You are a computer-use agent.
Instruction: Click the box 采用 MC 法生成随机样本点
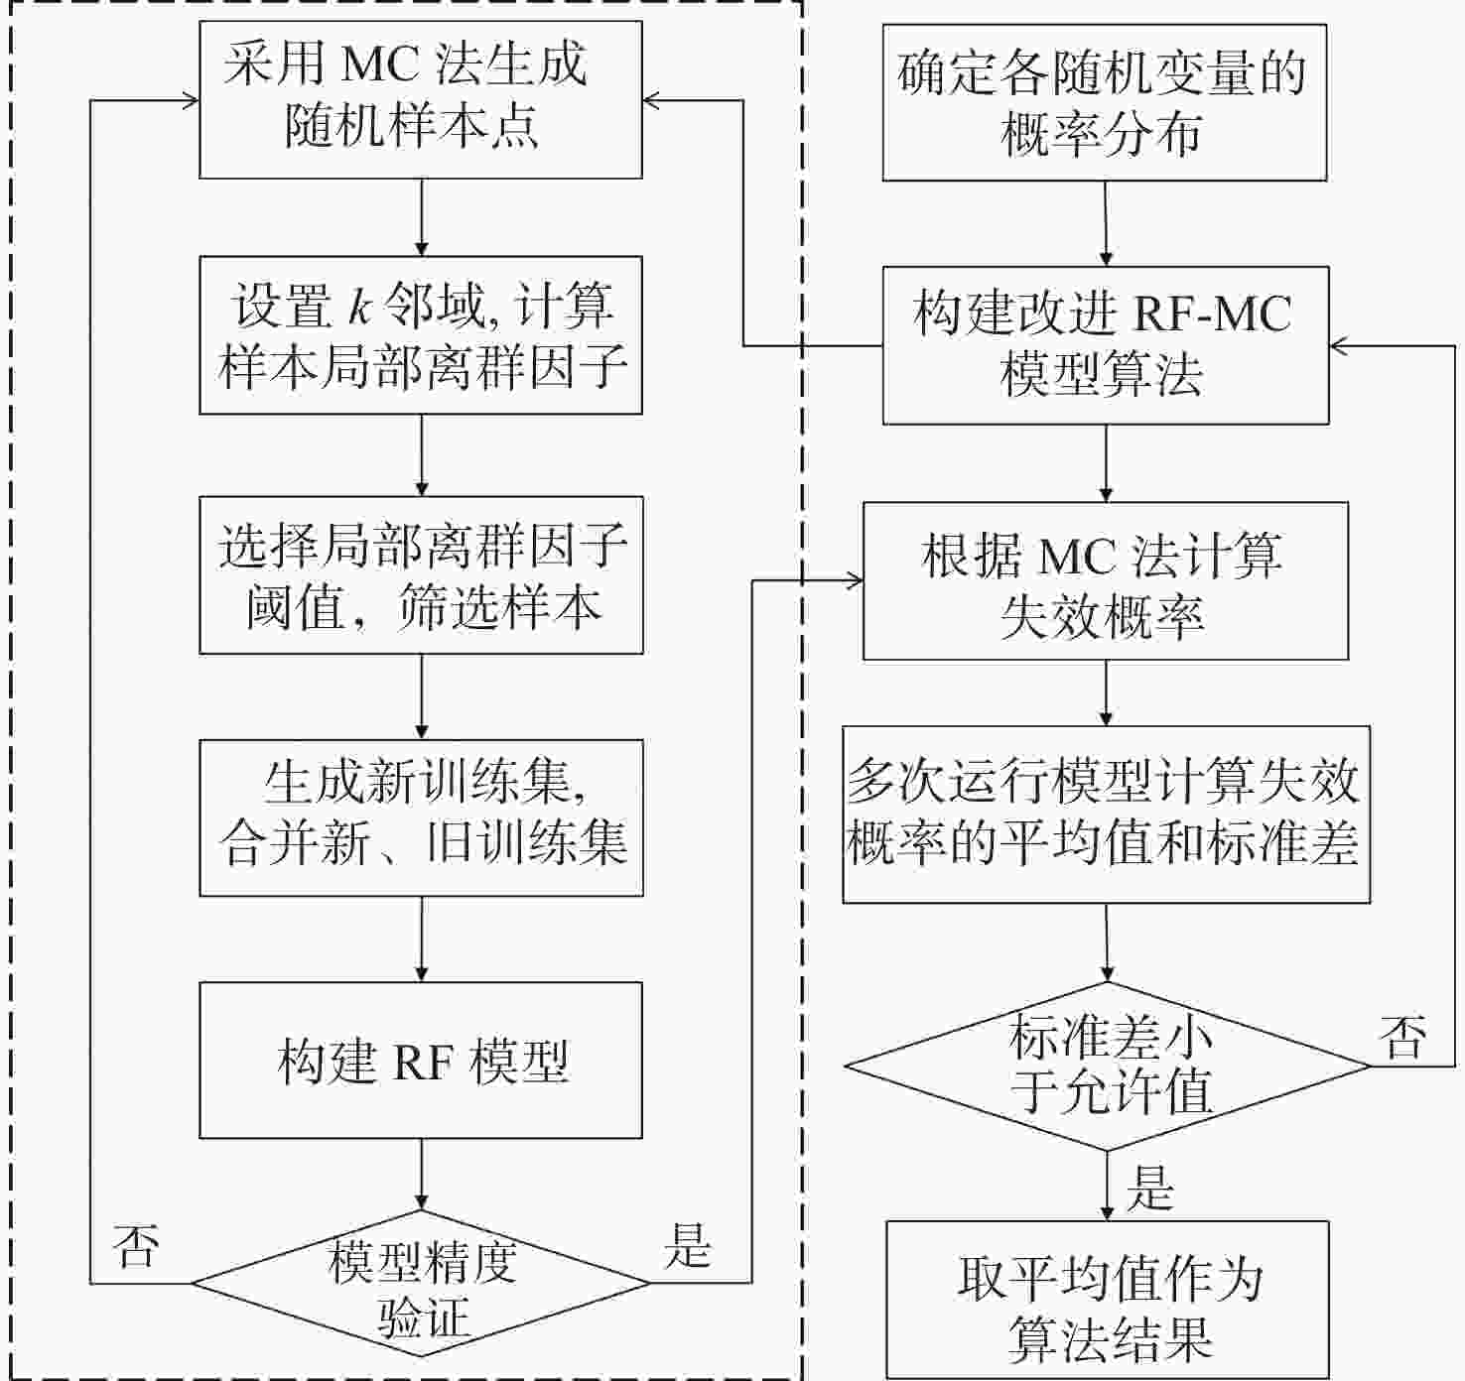[421, 99]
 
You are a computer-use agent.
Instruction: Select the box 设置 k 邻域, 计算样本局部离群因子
[421, 334]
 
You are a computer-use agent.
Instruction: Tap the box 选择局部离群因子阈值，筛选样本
[421, 575]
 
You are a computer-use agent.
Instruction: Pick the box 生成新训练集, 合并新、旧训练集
[421, 817]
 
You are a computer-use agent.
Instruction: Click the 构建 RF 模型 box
[421, 1060]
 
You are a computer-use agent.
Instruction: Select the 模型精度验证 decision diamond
[421, 1283]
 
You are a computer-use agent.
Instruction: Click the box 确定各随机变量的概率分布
[1105, 102]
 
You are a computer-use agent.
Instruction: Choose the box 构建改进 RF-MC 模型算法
[1106, 345]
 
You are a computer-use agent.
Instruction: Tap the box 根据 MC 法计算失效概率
[1106, 581]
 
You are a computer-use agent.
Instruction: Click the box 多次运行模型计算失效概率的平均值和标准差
[1107, 814]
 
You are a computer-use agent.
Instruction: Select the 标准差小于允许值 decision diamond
[1108, 1066]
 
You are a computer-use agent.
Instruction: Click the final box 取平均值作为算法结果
[1108, 1300]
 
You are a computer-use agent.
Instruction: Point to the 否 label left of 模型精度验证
[136, 1246]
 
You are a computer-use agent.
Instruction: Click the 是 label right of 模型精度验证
[688, 1246]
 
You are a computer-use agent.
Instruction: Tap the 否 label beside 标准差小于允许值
[1402, 1037]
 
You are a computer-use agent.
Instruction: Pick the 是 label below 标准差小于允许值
[1149, 1188]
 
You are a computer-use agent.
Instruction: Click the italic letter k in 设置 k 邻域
[359, 305]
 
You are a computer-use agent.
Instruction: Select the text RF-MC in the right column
[1212, 314]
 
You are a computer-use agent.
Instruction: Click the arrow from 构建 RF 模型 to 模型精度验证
[421, 1174]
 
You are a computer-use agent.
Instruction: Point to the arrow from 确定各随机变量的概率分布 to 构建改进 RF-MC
[1105, 223]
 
